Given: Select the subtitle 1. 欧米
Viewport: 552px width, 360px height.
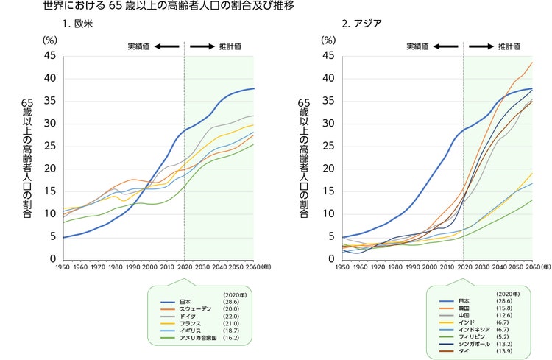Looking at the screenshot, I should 77,25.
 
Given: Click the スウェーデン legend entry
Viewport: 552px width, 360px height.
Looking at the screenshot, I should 196,308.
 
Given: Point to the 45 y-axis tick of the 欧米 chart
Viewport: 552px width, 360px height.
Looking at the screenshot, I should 51,56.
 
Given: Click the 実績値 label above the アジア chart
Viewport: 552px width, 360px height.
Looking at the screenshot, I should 417,46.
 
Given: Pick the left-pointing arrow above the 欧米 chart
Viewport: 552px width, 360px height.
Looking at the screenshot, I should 167,46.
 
